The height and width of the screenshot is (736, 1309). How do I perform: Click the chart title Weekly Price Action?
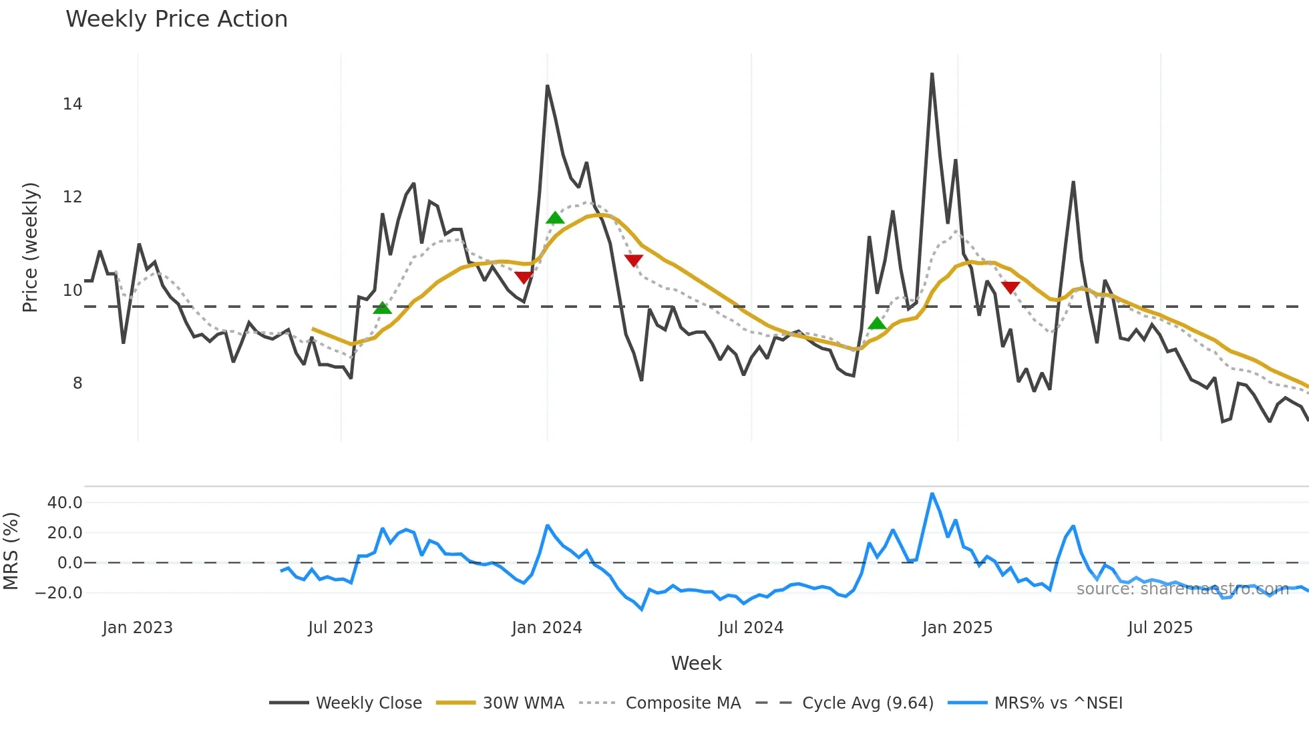pos(176,19)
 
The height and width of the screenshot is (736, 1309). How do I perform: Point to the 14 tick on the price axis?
pos(72,104)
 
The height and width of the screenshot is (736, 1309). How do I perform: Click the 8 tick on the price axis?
pos(77,383)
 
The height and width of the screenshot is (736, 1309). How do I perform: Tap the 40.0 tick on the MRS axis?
pos(65,503)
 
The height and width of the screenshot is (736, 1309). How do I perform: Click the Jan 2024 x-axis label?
pos(547,628)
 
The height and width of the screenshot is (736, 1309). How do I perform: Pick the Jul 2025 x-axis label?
pos(1160,628)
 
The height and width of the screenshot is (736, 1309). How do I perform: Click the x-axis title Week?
pos(696,663)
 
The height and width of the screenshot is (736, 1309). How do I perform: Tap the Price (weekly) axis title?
pos(30,247)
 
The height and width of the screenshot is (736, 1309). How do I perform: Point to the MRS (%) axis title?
pos(11,551)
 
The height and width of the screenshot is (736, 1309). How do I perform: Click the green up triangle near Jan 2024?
pos(555,218)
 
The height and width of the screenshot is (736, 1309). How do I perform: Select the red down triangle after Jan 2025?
pos(1010,288)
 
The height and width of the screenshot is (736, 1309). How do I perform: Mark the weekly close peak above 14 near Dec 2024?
pos(932,74)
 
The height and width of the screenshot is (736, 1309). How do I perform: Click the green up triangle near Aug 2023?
pos(382,308)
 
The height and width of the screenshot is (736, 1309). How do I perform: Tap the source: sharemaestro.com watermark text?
pos(1182,589)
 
